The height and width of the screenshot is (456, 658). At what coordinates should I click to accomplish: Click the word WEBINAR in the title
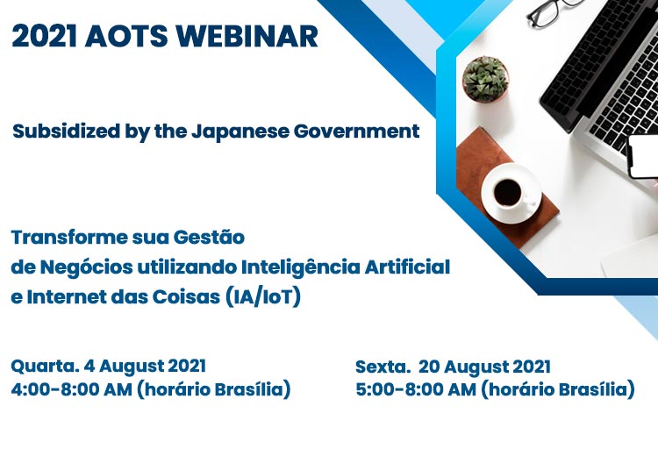coord(247,36)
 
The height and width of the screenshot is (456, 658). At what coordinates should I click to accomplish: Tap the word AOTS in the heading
coord(126,36)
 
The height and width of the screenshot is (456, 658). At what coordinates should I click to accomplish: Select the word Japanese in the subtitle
coord(240,132)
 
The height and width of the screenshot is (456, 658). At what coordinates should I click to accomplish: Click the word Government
coord(357,132)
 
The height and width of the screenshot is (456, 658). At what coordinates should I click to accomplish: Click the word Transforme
coord(69,238)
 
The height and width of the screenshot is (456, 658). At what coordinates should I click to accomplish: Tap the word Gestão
coord(209,238)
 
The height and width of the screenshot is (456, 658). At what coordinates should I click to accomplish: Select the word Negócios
coord(87,267)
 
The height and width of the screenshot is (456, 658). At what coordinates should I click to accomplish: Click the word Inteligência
coord(300,267)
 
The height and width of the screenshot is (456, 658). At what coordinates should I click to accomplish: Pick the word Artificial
coord(407,267)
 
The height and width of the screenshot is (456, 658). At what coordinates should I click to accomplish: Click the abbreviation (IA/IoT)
coord(263,297)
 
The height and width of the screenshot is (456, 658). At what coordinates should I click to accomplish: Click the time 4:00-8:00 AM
coord(72,389)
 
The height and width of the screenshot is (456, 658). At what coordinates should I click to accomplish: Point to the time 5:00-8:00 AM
coord(416,389)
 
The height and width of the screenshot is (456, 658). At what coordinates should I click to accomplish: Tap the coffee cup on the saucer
coord(509,193)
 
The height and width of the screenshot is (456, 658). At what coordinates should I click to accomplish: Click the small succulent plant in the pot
coord(485,80)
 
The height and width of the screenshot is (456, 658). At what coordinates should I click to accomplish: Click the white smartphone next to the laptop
coord(642,156)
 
